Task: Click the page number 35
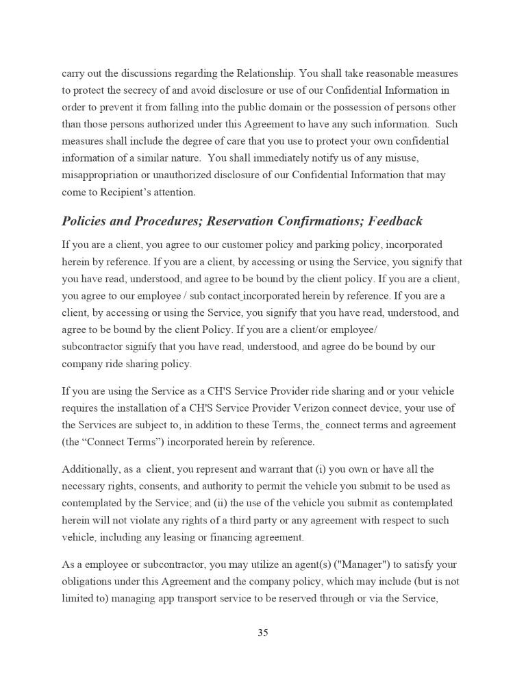[x=263, y=633]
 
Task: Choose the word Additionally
[x=89, y=469]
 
